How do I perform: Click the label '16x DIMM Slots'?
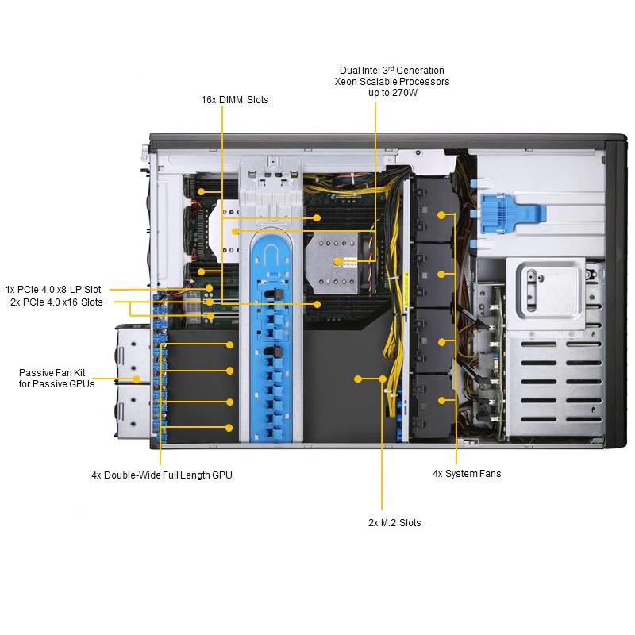(x=235, y=100)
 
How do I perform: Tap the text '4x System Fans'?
(x=467, y=474)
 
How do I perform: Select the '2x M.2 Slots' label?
(x=394, y=523)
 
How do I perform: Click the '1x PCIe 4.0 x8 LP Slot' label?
(x=53, y=290)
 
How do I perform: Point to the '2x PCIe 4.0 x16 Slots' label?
(x=56, y=302)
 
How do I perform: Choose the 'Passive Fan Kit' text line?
(x=52, y=372)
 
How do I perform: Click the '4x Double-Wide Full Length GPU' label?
(x=162, y=475)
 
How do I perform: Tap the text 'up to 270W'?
(x=393, y=93)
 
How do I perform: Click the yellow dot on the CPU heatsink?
(x=338, y=262)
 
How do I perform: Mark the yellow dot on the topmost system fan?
(x=441, y=215)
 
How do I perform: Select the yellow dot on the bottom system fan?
(x=442, y=401)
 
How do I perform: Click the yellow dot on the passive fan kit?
(x=137, y=379)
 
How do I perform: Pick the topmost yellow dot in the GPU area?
(x=229, y=344)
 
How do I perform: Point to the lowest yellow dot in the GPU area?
(x=229, y=428)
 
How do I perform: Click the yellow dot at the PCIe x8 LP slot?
(x=209, y=288)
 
